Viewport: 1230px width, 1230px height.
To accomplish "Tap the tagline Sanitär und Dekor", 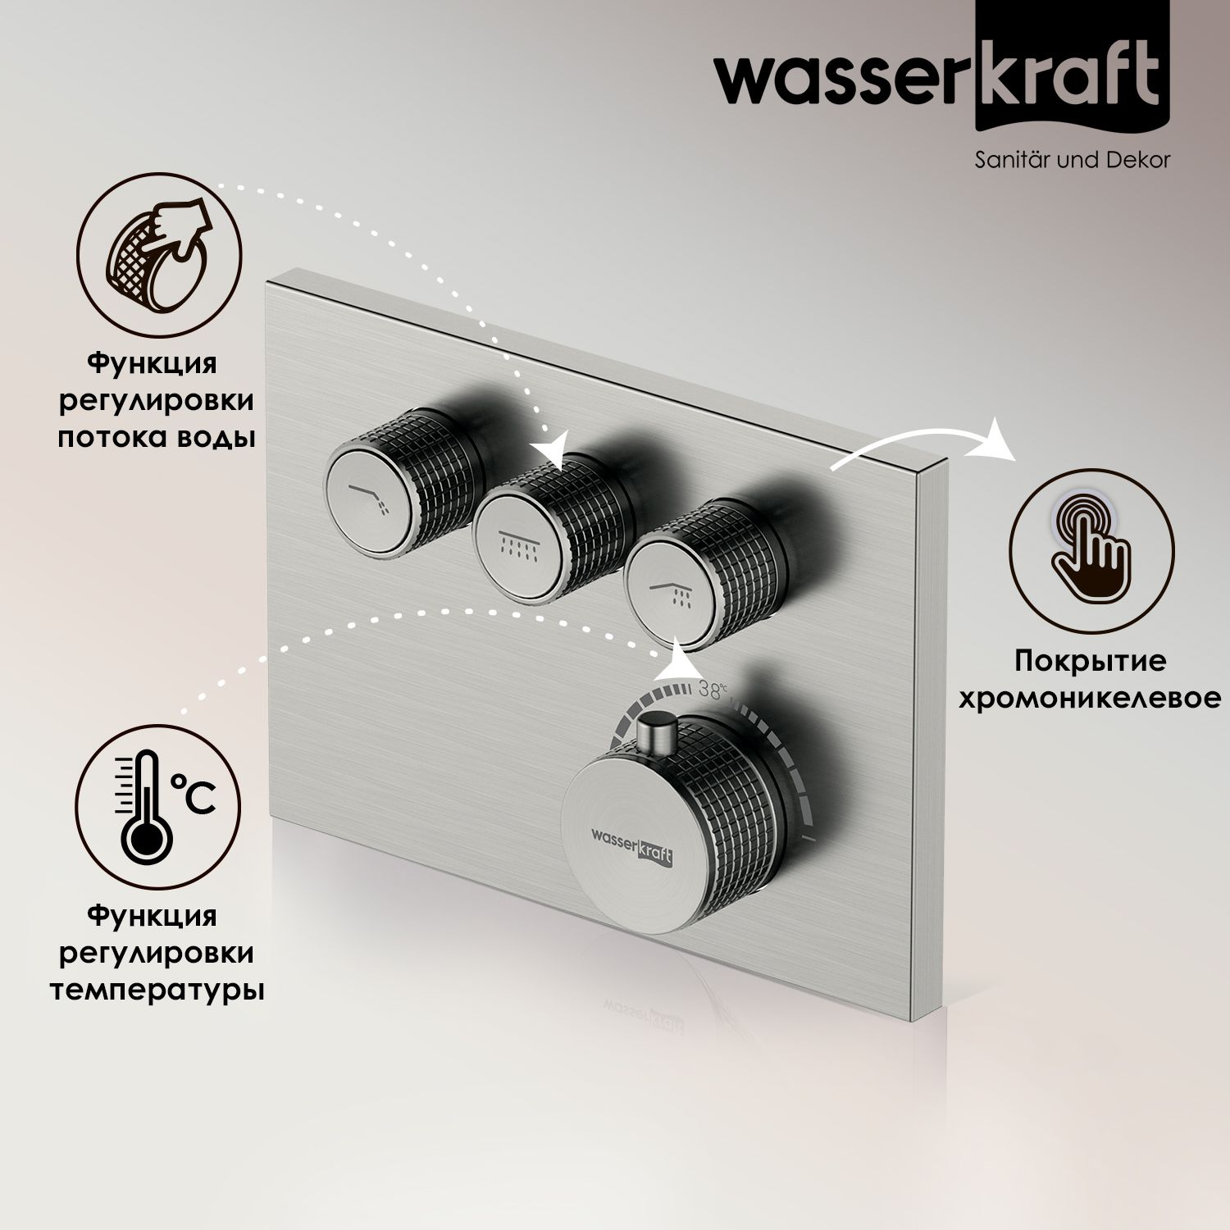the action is (x=1072, y=159).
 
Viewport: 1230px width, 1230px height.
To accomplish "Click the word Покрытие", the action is (x=1089, y=660).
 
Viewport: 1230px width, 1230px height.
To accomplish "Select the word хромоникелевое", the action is (x=1088, y=698).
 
